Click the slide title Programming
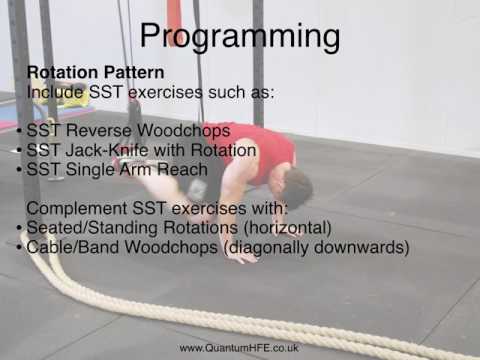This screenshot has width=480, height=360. point(239,36)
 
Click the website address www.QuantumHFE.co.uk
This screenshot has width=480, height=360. point(240,347)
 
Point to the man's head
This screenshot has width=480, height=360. point(297,186)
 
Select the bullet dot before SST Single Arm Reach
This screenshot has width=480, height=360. point(20,170)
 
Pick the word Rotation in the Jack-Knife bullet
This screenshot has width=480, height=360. point(220,150)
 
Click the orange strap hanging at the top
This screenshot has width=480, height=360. point(174,14)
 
